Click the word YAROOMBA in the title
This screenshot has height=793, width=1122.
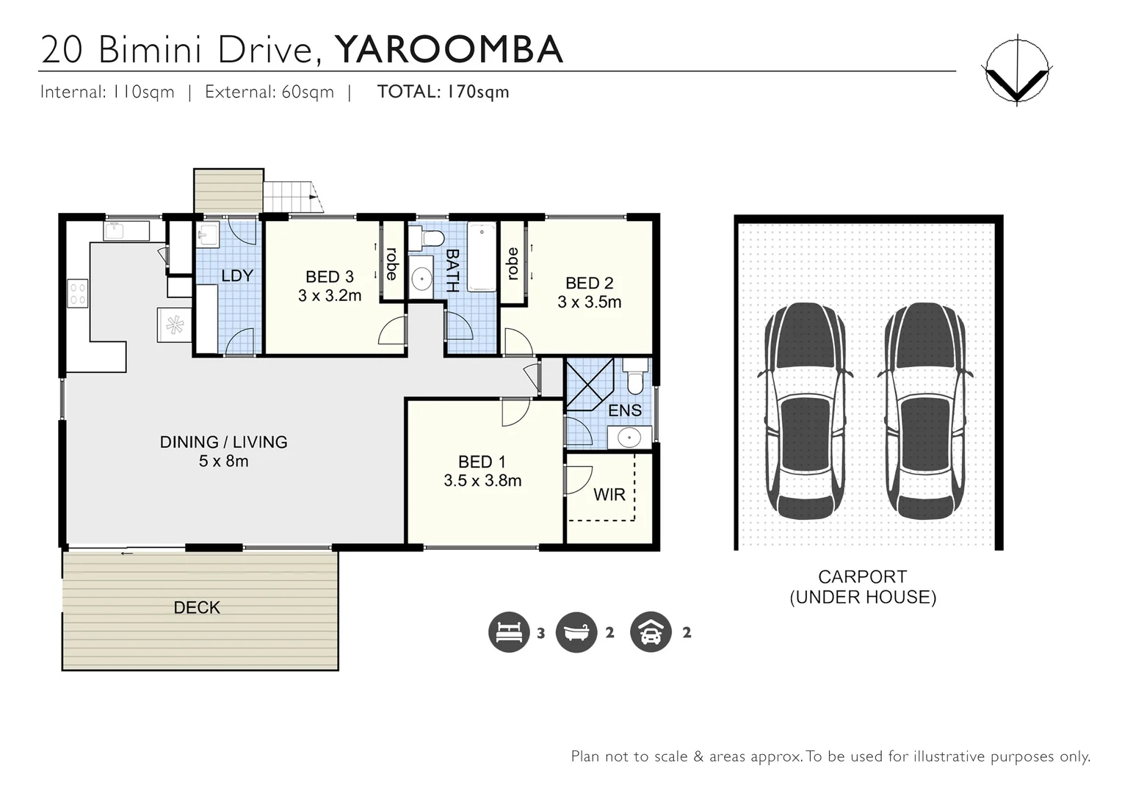(x=449, y=49)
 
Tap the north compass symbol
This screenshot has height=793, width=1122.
(x=1016, y=70)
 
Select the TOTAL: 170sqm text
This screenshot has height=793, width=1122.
(x=443, y=92)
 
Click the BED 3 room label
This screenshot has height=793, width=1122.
(x=330, y=277)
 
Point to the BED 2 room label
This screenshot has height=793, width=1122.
(x=589, y=283)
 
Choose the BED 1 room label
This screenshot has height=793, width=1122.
(x=482, y=462)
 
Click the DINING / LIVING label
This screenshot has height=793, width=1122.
(x=223, y=442)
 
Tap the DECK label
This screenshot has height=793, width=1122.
(x=197, y=608)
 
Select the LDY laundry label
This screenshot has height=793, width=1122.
(x=236, y=275)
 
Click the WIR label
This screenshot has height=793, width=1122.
(x=609, y=495)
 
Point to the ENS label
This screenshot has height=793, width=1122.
(x=625, y=410)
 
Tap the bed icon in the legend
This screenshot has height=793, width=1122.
(x=509, y=632)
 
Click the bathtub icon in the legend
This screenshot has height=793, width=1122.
(x=576, y=632)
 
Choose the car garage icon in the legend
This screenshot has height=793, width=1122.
(x=651, y=632)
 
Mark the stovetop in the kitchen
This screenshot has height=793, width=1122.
(x=78, y=293)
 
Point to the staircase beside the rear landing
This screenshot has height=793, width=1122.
(x=292, y=197)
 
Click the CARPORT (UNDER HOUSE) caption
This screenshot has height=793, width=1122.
(x=863, y=587)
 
